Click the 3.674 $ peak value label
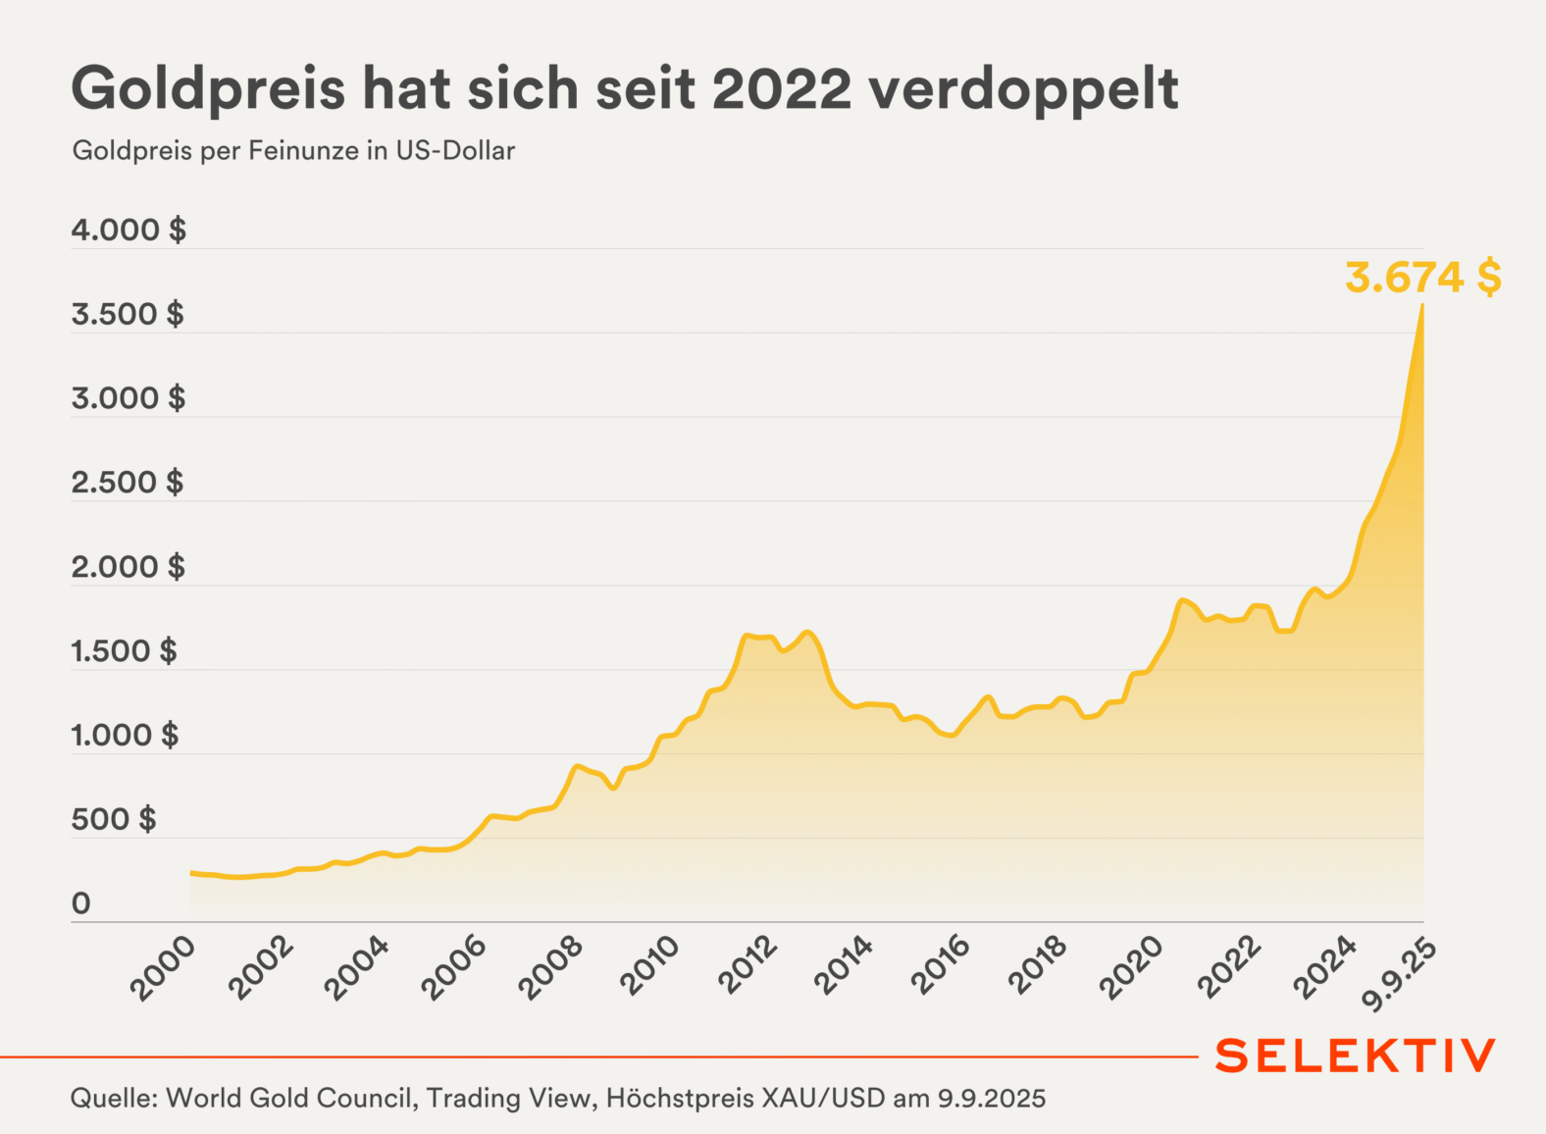click(x=1422, y=278)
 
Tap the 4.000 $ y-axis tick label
click(x=129, y=231)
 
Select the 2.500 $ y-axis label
click(x=128, y=483)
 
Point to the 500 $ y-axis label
click(x=114, y=819)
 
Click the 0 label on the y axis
click(x=81, y=903)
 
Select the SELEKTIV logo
click(x=1356, y=1056)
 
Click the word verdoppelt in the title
click(x=1023, y=89)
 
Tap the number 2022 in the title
click(x=782, y=89)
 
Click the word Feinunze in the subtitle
click(x=304, y=151)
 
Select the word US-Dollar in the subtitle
click(x=455, y=151)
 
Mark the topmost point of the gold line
click(x=1422, y=306)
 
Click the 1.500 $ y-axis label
click(x=125, y=651)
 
